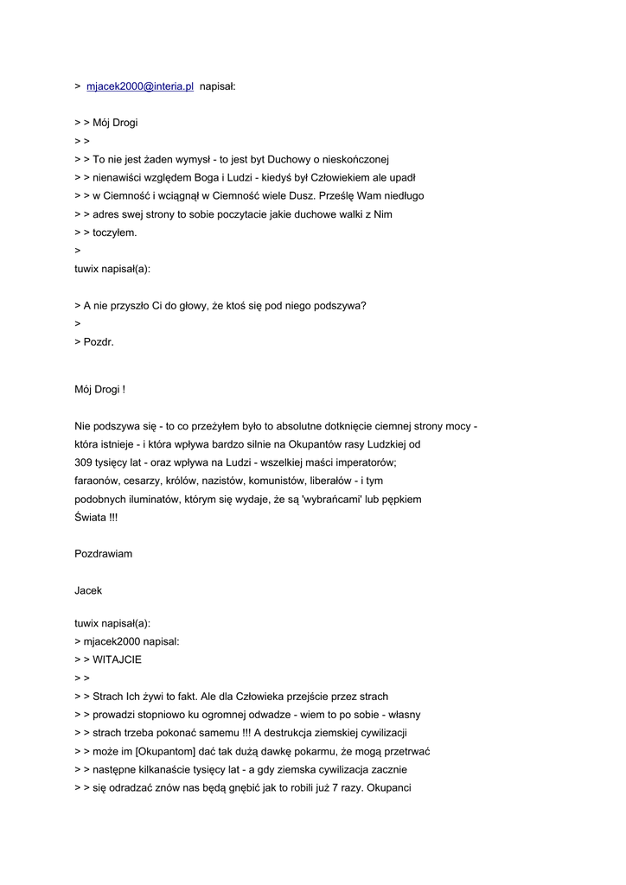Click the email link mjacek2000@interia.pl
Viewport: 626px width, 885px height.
click(140, 86)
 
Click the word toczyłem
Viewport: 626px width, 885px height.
click(115, 232)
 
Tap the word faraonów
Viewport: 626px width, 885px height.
click(99, 481)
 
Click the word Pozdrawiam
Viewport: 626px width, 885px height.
click(104, 553)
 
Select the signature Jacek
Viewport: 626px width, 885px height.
click(88, 590)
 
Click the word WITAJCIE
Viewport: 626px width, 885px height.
click(118, 659)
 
